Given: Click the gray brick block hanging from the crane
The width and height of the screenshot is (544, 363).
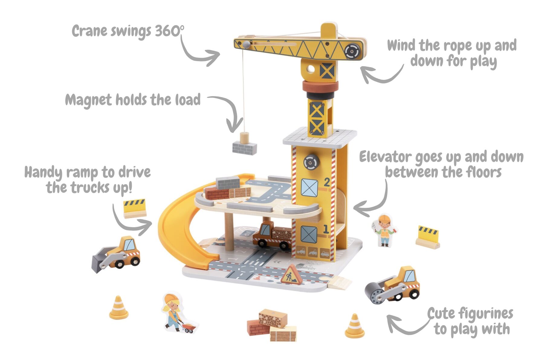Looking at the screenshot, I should (244, 148).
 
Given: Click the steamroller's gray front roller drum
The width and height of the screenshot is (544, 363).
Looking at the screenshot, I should (375, 294).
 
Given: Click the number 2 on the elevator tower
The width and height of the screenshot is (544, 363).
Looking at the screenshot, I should (327, 182).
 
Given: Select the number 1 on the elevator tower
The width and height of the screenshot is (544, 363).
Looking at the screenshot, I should (325, 229).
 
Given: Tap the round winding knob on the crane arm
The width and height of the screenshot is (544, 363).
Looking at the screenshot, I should (353, 51).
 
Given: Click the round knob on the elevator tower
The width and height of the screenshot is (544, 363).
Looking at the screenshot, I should (311, 162).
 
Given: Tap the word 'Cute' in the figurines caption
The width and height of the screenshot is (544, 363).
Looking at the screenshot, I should (441, 314).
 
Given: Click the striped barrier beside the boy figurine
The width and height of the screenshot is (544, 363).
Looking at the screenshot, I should (428, 237).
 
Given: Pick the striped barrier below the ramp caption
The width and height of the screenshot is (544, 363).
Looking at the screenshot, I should (134, 208).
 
